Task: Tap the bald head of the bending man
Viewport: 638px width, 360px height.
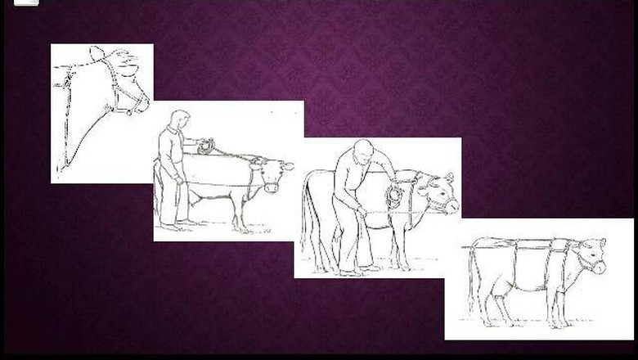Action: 363,151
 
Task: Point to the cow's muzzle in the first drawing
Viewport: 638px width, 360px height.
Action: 141,103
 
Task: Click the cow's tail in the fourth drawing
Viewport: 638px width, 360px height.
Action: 472,278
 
